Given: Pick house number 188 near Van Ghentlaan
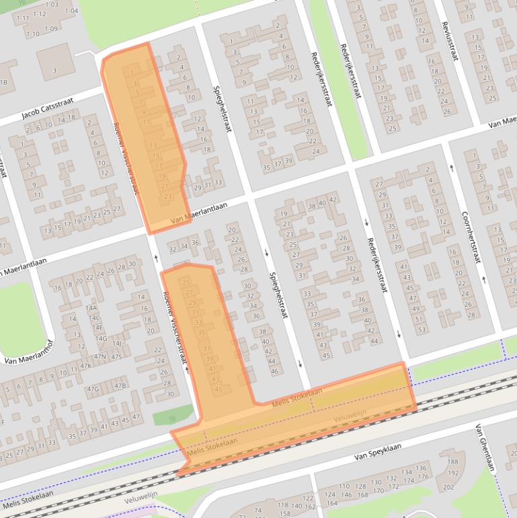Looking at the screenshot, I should (x=452, y=462).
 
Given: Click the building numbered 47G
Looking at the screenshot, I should (x=91, y=389).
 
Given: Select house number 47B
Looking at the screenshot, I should (x=120, y=385).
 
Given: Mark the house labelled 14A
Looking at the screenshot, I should (x=91, y=307).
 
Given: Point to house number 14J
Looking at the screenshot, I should (x=116, y=344).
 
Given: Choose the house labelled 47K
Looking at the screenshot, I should (x=85, y=366).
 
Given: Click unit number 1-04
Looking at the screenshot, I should (x=71, y=11).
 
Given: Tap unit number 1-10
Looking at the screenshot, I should (x=32, y=34).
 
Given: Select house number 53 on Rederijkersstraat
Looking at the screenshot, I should (x=422, y=330).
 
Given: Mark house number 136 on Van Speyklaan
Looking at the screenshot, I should (x=422, y=468).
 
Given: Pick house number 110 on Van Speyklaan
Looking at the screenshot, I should (x=344, y=486).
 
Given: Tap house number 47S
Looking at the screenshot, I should (x=116, y=357).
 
